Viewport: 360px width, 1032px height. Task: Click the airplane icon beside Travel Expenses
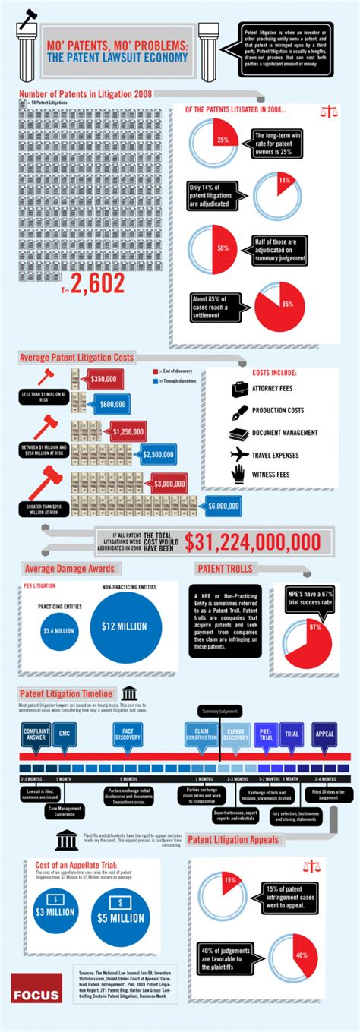tap(239, 454)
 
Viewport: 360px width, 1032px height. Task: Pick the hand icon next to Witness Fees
tap(239, 475)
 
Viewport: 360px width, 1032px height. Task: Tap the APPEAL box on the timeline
tap(324, 734)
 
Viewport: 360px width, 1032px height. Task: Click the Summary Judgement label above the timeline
tap(219, 711)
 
